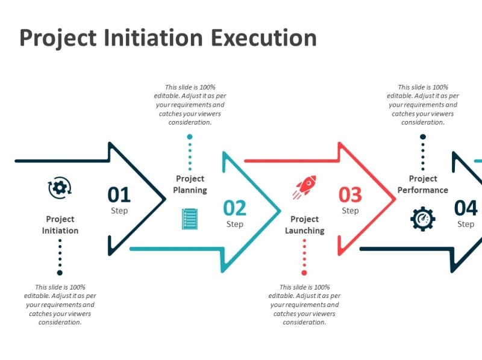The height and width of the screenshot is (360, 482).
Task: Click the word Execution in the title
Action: pyautogui.click(x=264, y=38)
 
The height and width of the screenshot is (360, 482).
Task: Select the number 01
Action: pyautogui.click(x=119, y=194)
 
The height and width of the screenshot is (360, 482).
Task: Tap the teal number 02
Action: pyautogui.click(x=235, y=208)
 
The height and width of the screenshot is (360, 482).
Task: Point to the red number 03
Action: pyautogui.click(x=350, y=194)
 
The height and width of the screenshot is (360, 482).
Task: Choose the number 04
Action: pyautogui.click(x=466, y=208)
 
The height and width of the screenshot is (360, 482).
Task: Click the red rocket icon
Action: pyautogui.click(x=305, y=187)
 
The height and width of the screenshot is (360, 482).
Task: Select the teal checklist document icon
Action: pyautogui.click(x=189, y=219)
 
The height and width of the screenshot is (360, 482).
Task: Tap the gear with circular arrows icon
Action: pyautogui.click(x=59, y=188)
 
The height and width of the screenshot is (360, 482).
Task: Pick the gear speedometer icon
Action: pyautogui.click(x=422, y=219)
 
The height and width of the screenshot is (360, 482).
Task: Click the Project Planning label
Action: pyautogui.click(x=190, y=184)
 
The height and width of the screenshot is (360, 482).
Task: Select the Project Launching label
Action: pyautogui.click(x=304, y=225)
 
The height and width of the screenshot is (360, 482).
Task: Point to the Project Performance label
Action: pyautogui.click(x=423, y=184)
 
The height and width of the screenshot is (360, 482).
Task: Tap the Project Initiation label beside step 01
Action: pyautogui.click(x=60, y=225)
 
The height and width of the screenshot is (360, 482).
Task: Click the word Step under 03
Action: pyautogui.click(x=350, y=211)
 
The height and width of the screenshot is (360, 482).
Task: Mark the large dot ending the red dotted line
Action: pyautogui.click(x=304, y=273)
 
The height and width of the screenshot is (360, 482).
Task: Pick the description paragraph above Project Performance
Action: pyautogui.click(x=423, y=105)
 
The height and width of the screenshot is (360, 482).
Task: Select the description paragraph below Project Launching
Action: pyautogui.click(x=304, y=305)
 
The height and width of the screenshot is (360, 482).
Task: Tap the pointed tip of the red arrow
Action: pyautogui.click(x=395, y=198)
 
